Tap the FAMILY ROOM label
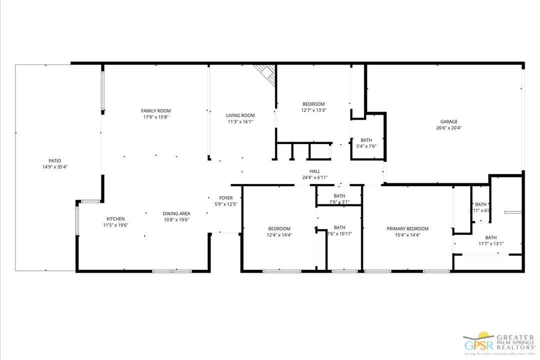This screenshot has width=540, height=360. point(156,111)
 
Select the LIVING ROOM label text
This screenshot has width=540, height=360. point(240,115)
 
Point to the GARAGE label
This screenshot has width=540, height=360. point(448,121)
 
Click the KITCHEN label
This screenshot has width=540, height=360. point(115,218)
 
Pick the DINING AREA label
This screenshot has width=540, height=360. point(176,213)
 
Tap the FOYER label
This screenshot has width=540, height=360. point(226,198)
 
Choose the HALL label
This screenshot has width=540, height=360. point(315,171)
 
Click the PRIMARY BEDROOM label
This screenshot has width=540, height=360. point(407,228)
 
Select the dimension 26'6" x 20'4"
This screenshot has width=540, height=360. point(448,127)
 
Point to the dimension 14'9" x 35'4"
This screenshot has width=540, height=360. point(54,167)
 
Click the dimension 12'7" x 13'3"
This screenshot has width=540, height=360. point(313,110)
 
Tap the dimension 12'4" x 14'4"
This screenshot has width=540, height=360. point(278,234)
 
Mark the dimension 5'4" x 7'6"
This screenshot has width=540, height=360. point(366,146)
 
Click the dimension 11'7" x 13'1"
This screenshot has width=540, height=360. point(490,244)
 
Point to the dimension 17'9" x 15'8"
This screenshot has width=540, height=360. point(156,117)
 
